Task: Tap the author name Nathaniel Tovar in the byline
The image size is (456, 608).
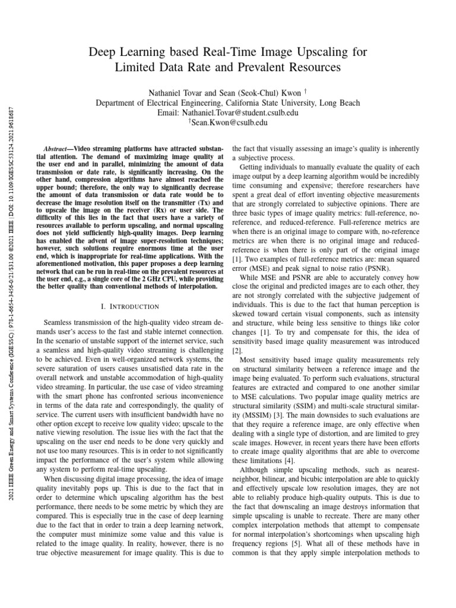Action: pyautogui.click(x=176, y=93)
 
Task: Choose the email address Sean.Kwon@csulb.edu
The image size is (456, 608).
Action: pyautogui.click(x=229, y=123)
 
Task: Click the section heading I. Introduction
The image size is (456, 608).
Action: pyautogui.click(x=131, y=306)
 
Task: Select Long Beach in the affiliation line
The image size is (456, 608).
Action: pyautogui.click(x=340, y=103)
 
